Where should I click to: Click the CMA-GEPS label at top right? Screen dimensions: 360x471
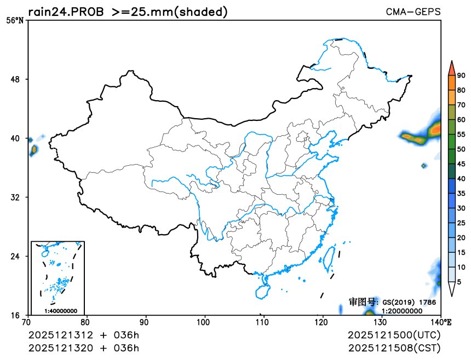413,11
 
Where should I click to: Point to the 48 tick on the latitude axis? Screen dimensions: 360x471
16,79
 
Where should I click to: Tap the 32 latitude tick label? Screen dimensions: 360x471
16,197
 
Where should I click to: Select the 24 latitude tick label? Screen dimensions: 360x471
16,256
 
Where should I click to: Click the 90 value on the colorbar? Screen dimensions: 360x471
461,76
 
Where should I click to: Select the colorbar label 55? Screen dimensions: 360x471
461,134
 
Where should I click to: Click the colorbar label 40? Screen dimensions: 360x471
461,178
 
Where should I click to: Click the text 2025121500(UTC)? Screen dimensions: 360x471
394,335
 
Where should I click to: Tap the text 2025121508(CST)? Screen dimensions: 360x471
394,347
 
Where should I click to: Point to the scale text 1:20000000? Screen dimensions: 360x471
401,310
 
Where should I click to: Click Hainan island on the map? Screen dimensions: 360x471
263,287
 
